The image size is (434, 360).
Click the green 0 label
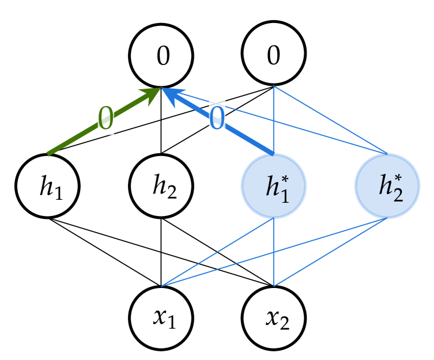(x=105, y=119)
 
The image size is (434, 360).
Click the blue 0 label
(x=217, y=119)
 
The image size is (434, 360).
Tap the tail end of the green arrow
(x=49, y=153)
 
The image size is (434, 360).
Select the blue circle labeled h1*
(x=273, y=185)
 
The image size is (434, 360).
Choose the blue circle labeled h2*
(x=387, y=185)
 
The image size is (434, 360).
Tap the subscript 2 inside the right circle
(x=398, y=195)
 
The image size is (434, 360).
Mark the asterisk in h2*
(x=398, y=178)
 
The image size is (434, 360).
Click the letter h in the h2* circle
(x=385, y=186)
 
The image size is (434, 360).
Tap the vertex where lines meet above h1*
(x=274, y=86)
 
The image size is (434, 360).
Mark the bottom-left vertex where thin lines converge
(x=163, y=285)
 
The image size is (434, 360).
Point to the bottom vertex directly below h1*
(x=274, y=286)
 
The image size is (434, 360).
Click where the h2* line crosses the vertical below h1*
(x=274, y=252)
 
